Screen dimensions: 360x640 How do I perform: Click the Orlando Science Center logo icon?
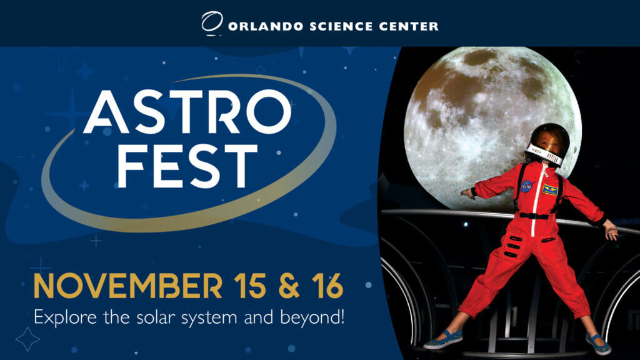coord(212,24)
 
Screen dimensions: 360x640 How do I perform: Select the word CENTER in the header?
coord(407,26)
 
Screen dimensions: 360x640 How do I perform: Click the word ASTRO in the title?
coord(187,112)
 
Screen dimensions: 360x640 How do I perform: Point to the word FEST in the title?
coord(187,166)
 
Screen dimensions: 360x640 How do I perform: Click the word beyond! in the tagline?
coord(312,317)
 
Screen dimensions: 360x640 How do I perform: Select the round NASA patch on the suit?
coord(527,185)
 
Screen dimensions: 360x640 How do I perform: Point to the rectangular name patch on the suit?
coord(550,189)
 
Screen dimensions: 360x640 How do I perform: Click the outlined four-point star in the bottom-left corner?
coord(27,339)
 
